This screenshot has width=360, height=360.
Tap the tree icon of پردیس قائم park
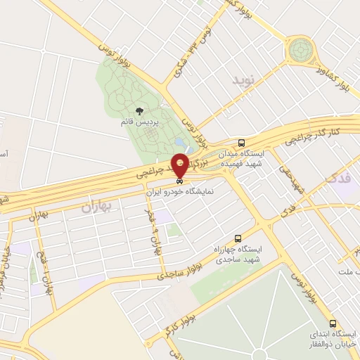139,110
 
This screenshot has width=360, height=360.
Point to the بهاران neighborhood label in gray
96,206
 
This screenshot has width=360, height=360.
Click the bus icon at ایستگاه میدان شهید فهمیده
242,141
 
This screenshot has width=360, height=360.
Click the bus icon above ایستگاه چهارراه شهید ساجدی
237,239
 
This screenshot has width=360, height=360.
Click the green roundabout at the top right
301,49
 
